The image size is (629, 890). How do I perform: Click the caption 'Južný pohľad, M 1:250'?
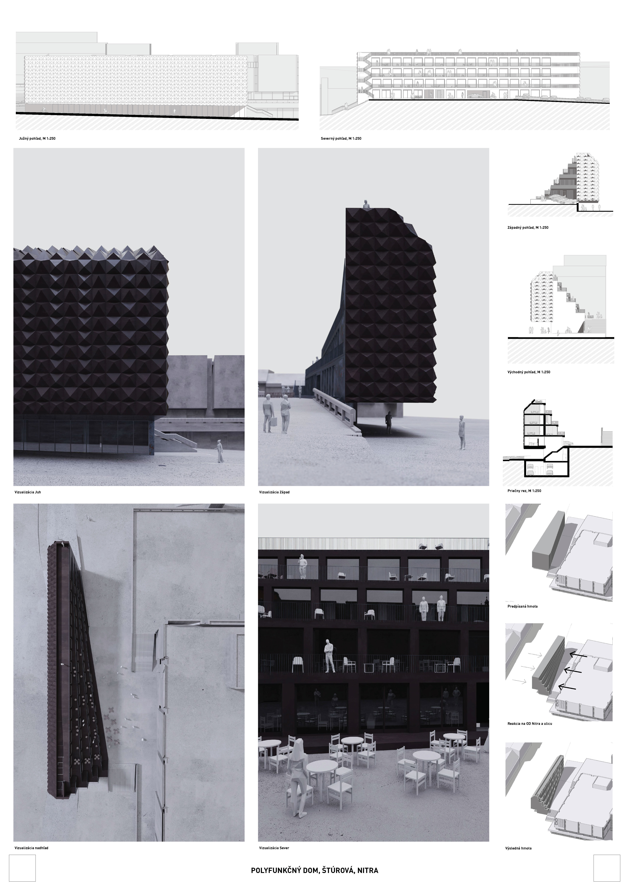[x=37, y=138]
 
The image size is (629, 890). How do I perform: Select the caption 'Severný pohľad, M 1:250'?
[x=341, y=138]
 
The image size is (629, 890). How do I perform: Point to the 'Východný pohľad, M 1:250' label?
[x=529, y=372]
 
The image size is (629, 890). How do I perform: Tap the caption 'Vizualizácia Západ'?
[x=274, y=492]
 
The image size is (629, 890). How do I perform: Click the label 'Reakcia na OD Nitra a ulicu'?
[x=530, y=724]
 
